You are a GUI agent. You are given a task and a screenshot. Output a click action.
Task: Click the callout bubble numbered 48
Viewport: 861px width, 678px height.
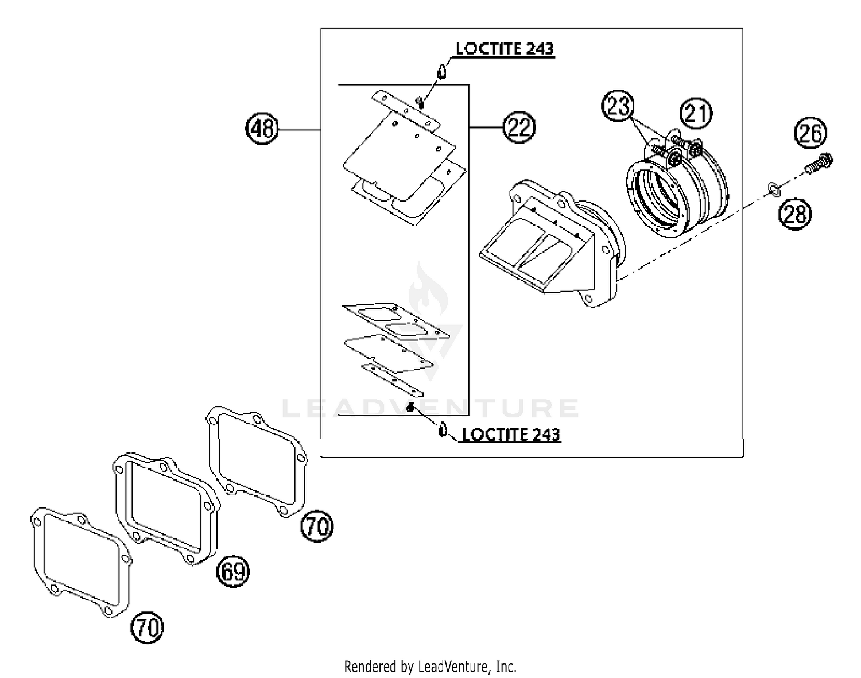point(262,128)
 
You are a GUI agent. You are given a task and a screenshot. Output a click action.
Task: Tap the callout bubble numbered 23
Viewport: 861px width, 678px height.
point(618,107)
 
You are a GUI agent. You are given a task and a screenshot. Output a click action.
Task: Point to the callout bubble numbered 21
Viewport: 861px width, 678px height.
point(696,113)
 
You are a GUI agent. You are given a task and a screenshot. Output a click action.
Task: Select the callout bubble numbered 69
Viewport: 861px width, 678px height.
point(232,571)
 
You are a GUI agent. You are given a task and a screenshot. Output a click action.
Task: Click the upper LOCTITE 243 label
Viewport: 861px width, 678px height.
point(505,49)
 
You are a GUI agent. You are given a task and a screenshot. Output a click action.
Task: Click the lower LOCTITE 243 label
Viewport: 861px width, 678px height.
point(511,434)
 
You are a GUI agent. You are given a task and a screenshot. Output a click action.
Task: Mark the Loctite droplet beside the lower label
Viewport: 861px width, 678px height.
point(443,429)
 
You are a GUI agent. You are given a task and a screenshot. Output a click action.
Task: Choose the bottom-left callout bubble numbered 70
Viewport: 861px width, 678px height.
point(148,627)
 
